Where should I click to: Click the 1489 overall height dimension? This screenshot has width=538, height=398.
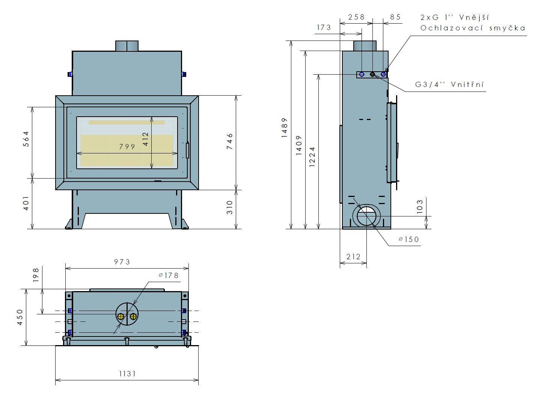point(284,128)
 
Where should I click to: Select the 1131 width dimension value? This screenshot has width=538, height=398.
point(127,374)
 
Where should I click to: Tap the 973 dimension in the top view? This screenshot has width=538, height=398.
point(122,262)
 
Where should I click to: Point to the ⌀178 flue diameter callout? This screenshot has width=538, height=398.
point(169,275)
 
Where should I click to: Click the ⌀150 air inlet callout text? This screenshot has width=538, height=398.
point(409,239)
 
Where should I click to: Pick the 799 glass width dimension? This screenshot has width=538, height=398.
point(127,146)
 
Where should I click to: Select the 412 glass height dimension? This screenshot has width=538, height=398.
point(145,139)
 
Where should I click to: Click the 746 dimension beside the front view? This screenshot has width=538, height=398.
point(229,141)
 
